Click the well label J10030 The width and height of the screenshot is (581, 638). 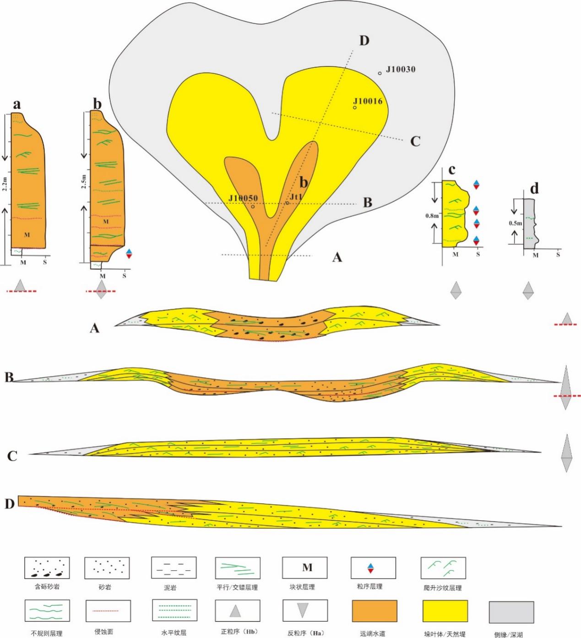(400, 70)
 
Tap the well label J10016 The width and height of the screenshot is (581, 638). (368, 101)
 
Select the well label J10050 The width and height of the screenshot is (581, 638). (243, 198)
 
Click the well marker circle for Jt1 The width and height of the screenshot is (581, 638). (287, 202)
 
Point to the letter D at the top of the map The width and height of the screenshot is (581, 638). (364, 41)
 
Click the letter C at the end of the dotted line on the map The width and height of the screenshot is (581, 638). (415, 141)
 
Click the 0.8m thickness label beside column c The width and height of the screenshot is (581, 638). (432, 215)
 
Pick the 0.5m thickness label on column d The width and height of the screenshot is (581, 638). (516, 223)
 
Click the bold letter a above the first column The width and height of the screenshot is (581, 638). (16, 105)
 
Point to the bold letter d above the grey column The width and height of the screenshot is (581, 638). (534, 188)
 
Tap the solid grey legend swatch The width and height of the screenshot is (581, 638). (511, 612)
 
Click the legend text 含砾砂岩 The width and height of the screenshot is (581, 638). (47, 587)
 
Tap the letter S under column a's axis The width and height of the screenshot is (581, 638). (45, 262)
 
